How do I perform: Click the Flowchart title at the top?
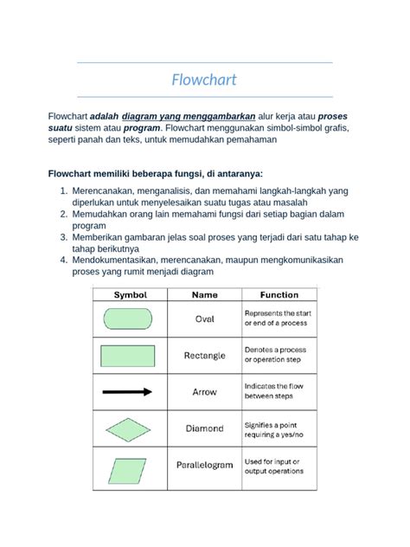pos(204,80)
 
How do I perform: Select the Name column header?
pos(204,295)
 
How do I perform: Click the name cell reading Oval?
pos(204,319)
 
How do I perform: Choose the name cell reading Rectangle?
pos(204,355)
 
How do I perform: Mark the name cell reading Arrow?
pos(204,392)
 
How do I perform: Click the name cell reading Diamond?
pos(204,428)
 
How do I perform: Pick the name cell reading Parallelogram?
pos(204,465)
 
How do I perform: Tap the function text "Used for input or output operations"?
pos(275,467)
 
